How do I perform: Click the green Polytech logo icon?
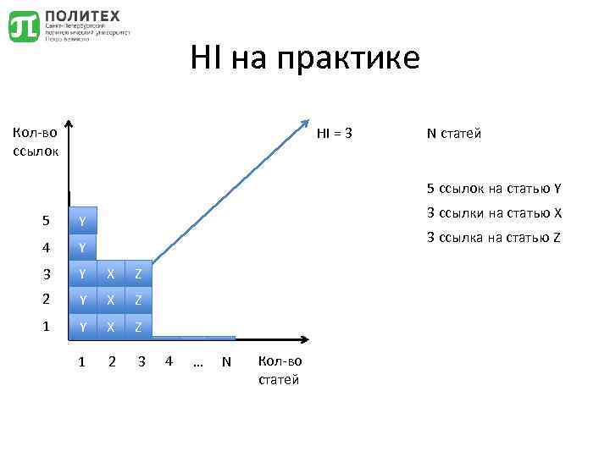click(x=24, y=26)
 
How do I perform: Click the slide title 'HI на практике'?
click(x=304, y=58)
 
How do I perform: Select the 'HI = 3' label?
click(x=335, y=133)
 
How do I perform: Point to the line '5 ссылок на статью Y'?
click(x=495, y=188)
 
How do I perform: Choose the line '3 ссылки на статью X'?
click(x=495, y=212)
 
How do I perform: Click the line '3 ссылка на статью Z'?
click(x=495, y=237)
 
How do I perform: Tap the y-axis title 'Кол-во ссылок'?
click(x=35, y=141)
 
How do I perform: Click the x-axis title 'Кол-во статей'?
click(x=279, y=371)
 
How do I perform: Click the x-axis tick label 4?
click(x=169, y=362)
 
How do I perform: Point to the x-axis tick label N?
click(x=225, y=362)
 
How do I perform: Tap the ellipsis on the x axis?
click(x=197, y=362)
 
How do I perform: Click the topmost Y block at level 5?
click(x=82, y=222)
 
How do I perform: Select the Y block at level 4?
click(x=82, y=248)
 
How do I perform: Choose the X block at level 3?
click(x=110, y=274)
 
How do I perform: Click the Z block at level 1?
click(x=139, y=326)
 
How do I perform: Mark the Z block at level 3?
click(x=139, y=274)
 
